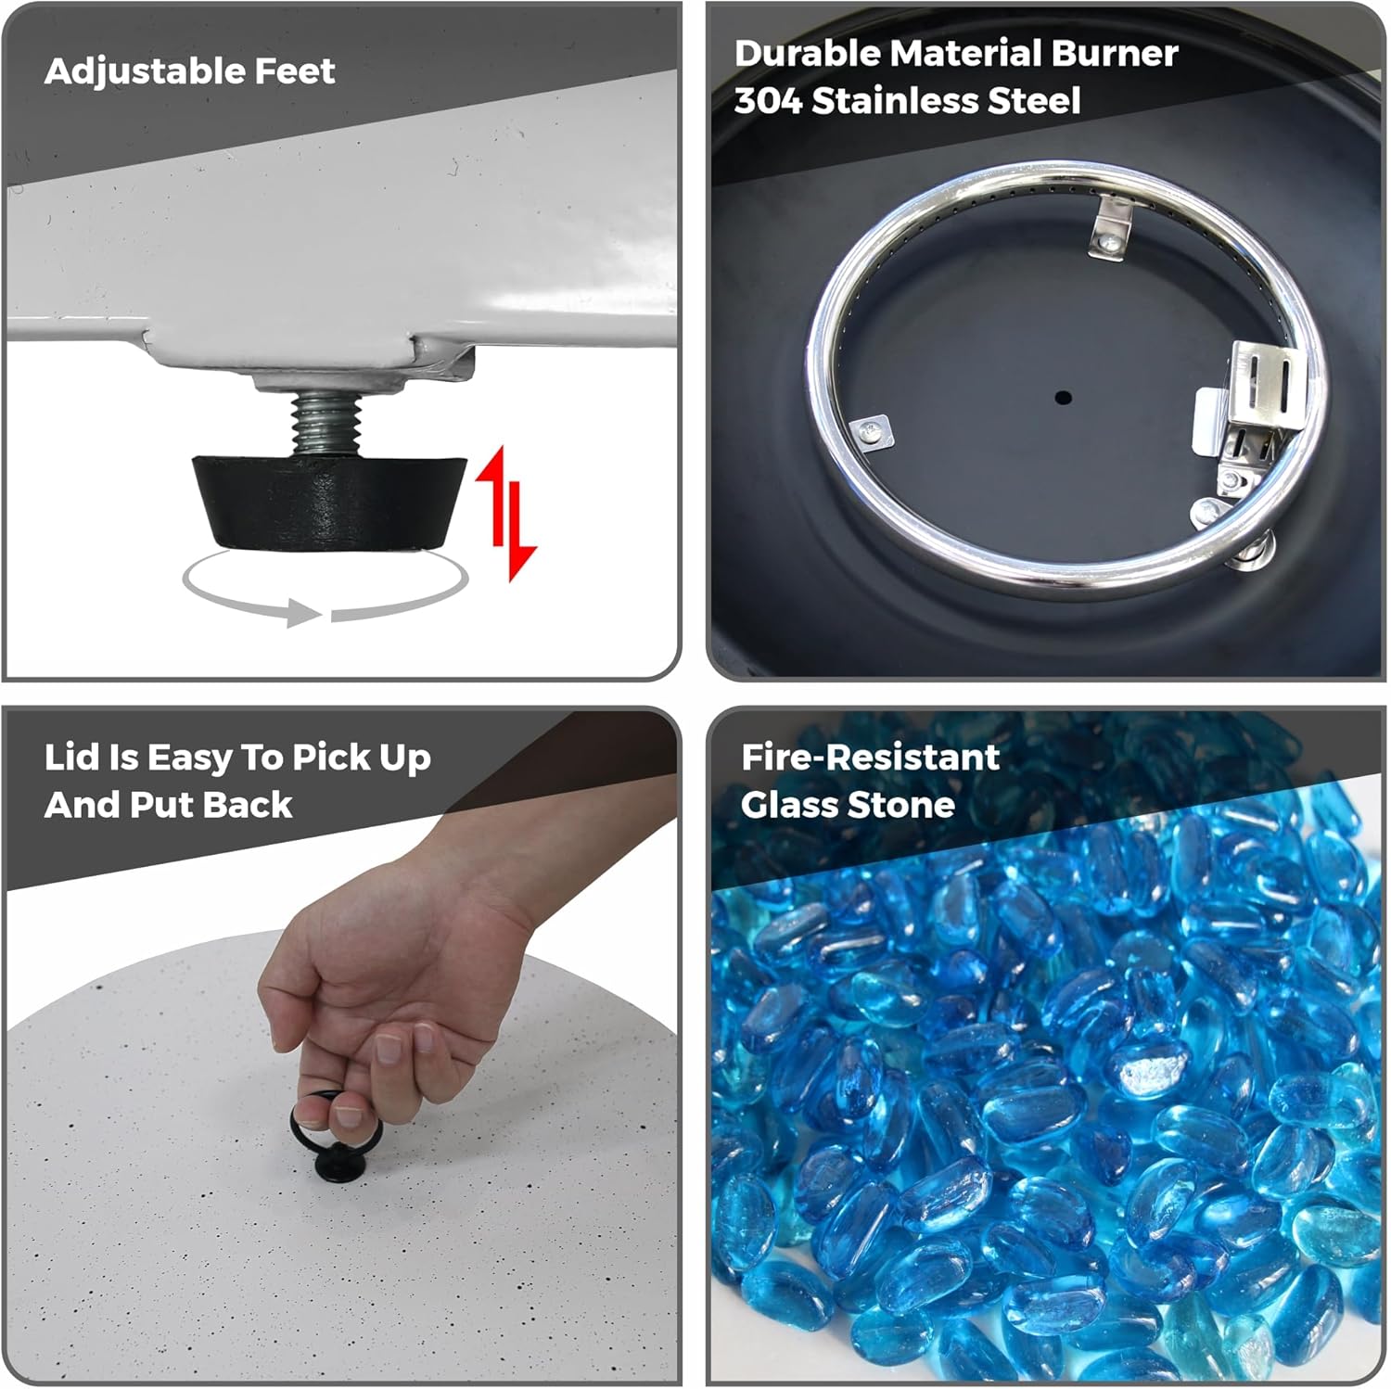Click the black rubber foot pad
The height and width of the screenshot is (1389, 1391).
tap(329, 501)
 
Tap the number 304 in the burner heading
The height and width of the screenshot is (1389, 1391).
tap(768, 100)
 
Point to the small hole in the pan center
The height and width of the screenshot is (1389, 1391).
tap(1063, 398)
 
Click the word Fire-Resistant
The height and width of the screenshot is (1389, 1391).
tap(870, 757)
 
